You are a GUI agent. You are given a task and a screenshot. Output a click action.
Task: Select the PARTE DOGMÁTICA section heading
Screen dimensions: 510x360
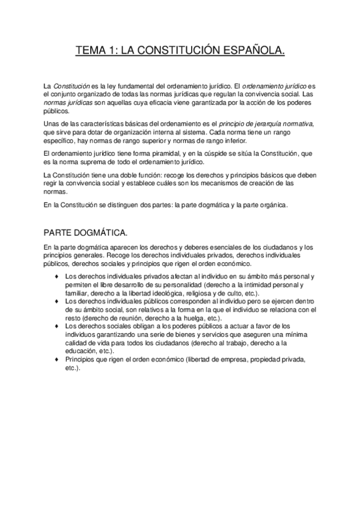(x=85, y=232)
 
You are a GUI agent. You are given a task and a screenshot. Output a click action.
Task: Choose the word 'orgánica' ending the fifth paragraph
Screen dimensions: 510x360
(x=273, y=205)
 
